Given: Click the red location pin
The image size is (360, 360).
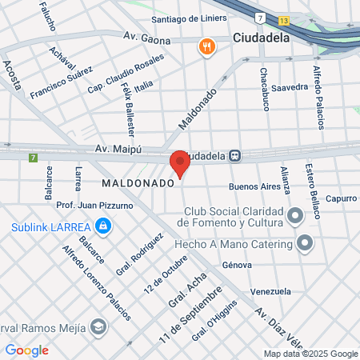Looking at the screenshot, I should [179, 164].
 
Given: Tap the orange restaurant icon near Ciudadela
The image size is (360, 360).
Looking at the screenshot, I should [206, 46].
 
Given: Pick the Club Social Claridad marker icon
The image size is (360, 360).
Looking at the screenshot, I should [296, 215].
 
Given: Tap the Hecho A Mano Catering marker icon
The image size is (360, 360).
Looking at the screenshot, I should [304, 241].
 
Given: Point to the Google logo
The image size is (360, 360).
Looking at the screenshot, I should [26, 350].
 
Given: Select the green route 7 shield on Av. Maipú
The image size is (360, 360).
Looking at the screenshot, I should [33, 157].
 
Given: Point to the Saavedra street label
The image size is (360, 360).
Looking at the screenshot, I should [290, 87].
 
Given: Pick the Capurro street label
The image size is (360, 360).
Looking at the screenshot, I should [340, 198].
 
